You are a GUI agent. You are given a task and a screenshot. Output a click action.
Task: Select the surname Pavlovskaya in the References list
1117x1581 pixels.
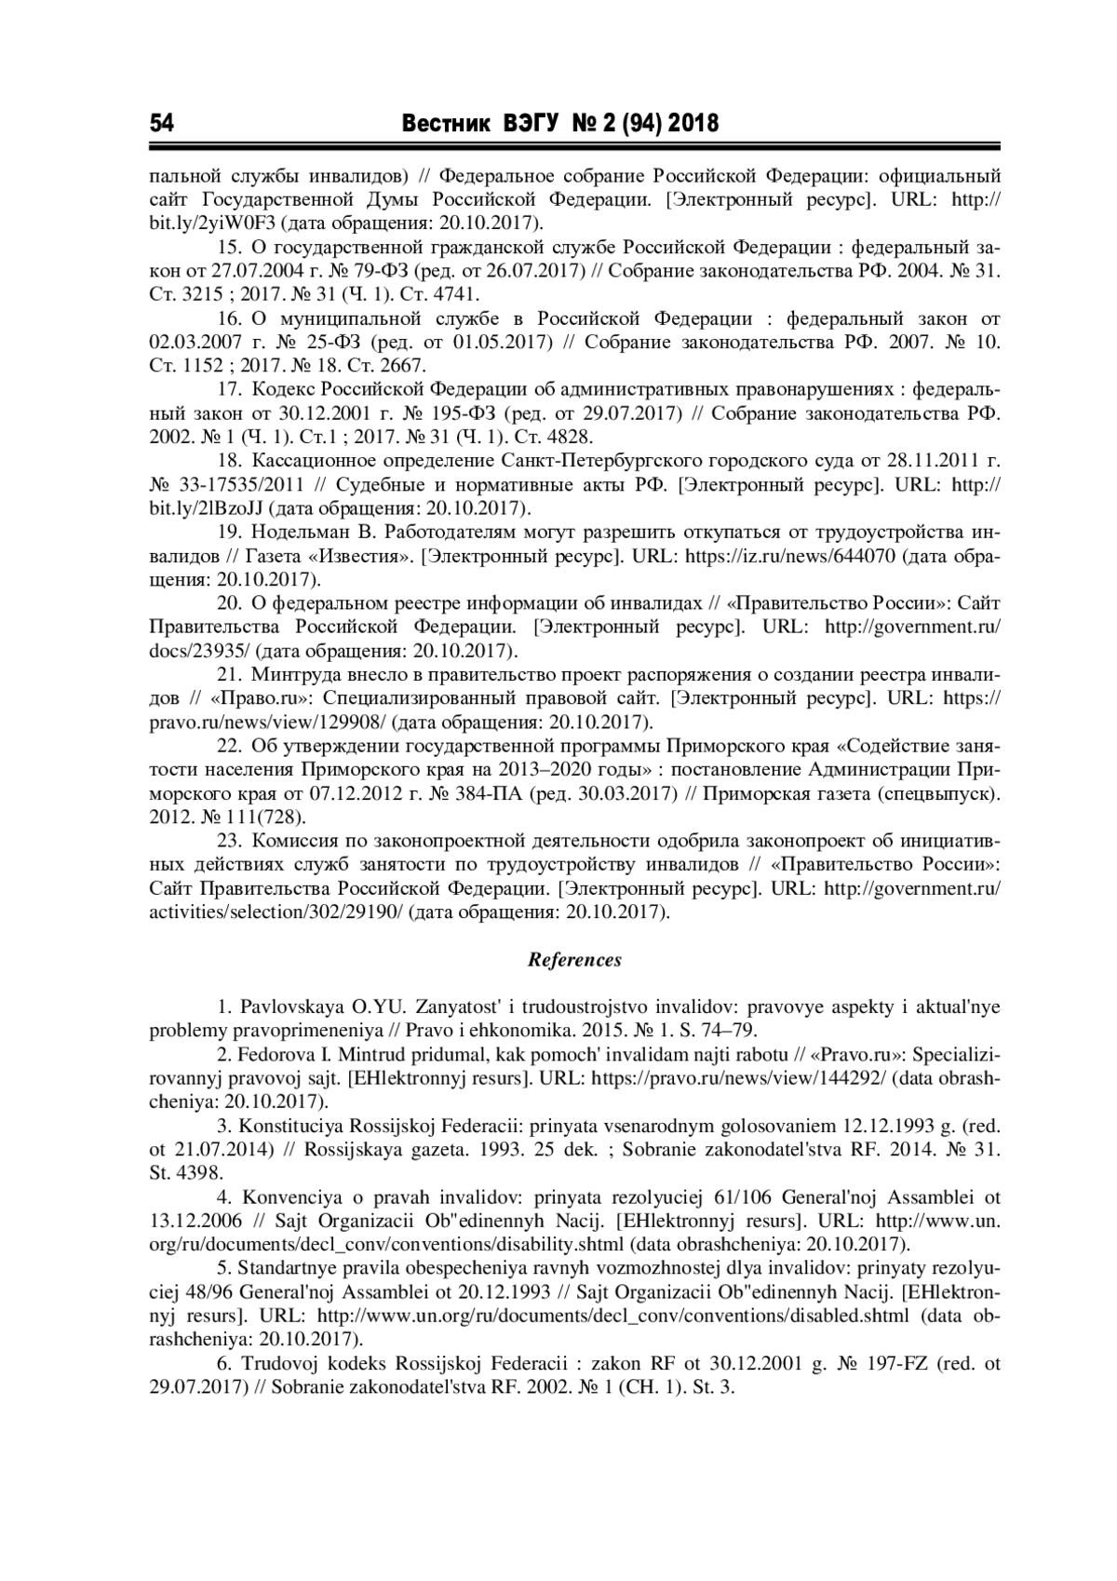click(290, 1007)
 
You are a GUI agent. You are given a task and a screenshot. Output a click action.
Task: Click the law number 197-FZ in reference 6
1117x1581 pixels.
click(882, 1363)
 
